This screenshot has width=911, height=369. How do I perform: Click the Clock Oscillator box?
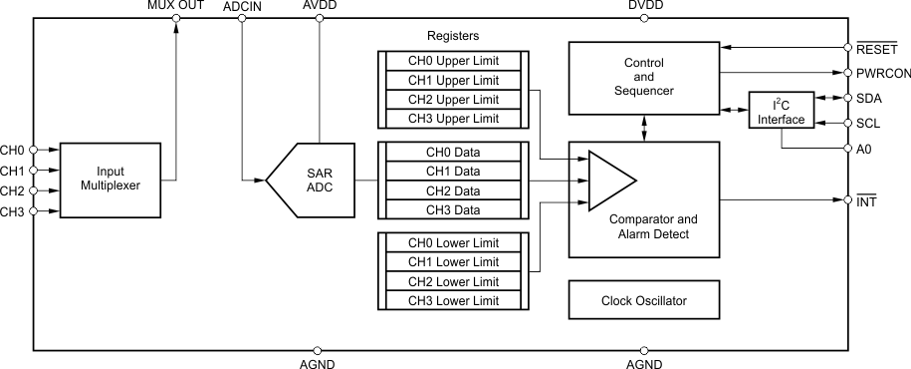643,300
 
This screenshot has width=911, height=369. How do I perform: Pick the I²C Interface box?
781,111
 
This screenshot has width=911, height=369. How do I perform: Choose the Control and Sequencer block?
643,77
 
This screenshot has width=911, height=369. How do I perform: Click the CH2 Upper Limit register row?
453,100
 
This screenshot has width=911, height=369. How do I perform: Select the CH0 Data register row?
453,153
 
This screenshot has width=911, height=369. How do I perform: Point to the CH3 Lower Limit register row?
453,300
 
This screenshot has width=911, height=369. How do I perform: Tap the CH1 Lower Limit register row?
453,261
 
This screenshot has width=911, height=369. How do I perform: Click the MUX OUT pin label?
175,7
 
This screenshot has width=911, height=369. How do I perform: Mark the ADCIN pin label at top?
243,7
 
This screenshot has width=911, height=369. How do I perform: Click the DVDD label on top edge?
645,7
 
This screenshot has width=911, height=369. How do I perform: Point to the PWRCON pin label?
883,73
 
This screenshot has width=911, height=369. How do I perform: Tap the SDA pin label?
868,98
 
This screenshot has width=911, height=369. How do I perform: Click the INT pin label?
866,200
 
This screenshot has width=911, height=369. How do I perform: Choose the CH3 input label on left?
12,211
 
